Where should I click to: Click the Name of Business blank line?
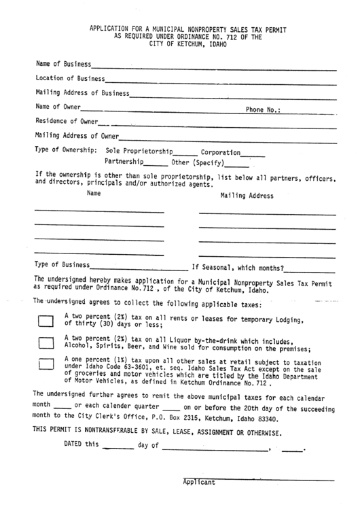pos(214,67)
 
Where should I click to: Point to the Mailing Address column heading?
pos(247,196)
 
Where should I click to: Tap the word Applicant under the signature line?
pos(198,482)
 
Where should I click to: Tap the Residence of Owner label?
pos(67,122)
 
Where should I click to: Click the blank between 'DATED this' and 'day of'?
pos(120,449)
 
